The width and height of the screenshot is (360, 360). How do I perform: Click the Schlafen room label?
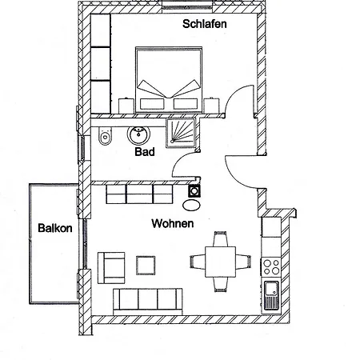coord(205,24)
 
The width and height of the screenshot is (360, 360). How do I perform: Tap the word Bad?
coord(145,152)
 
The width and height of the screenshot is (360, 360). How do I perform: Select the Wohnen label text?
coord(173,223)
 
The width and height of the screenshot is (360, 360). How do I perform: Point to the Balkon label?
coord(55,228)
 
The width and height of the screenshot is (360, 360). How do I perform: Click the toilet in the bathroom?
coord(105,136)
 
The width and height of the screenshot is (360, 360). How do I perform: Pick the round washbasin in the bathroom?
coord(138,134)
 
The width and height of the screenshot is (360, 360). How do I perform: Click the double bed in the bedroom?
coord(169,80)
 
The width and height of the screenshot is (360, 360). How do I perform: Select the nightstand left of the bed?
coord(126,106)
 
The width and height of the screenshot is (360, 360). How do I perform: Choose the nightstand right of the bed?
coord(211,106)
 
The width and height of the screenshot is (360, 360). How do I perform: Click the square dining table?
coord(221,262)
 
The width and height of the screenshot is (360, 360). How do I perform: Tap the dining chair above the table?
coord(221,239)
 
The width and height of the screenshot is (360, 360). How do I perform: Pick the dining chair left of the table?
coord(198,262)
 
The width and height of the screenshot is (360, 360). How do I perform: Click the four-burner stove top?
coord(270,267)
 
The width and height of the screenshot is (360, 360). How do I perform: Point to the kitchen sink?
coord(271,295)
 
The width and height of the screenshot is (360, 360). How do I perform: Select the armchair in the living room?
coord(111,268)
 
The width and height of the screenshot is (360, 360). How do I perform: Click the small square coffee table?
coord(146,266)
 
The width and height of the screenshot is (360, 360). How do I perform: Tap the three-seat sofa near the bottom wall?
coord(148,302)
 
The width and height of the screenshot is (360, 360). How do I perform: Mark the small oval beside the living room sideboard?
coord(191,206)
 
